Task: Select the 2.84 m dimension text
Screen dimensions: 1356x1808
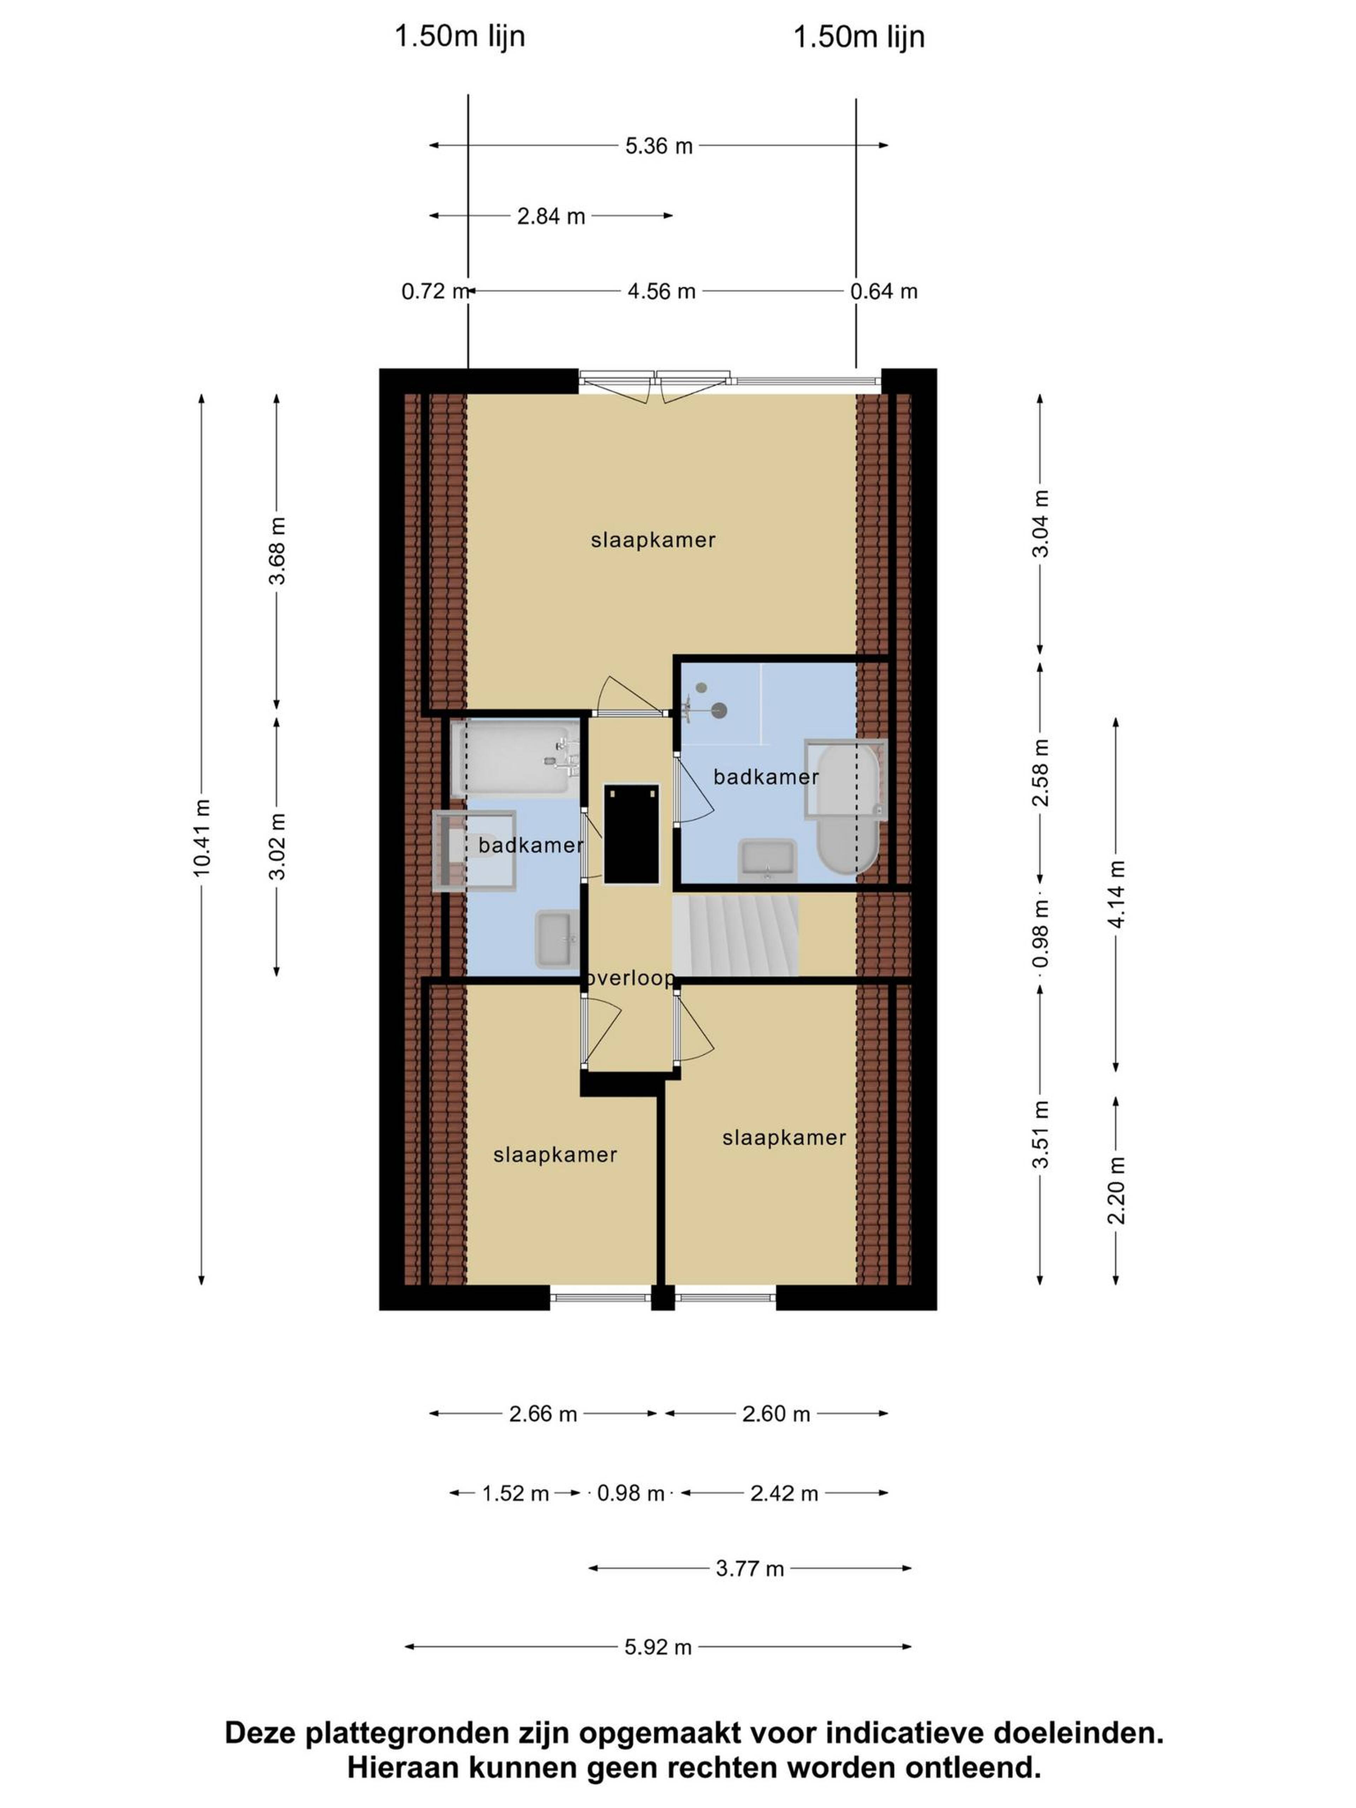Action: click(x=551, y=216)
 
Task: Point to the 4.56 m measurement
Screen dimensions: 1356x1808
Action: click(x=661, y=291)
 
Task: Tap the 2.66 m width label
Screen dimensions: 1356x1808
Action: click(x=543, y=1414)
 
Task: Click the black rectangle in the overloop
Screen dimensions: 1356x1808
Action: click(x=631, y=834)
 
